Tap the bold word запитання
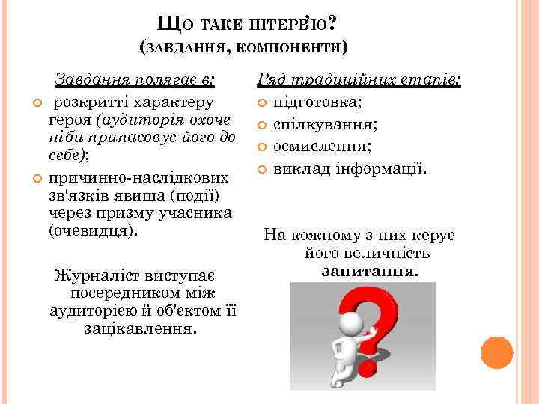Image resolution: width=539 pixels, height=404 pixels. (370, 271)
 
